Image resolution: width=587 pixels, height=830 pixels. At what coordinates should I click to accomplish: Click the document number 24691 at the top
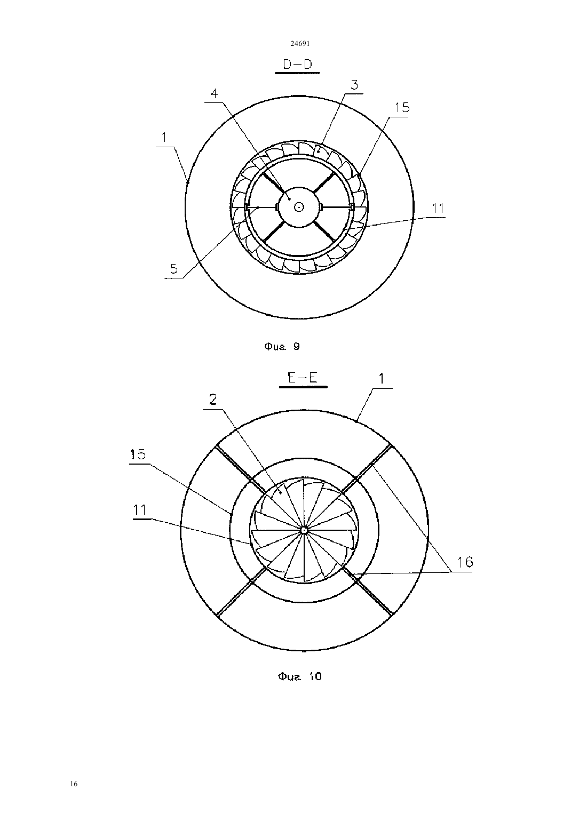(300, 43)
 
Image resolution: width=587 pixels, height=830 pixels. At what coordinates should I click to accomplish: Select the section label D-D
(297, 65)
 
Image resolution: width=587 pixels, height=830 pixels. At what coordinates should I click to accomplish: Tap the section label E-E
(303, 378)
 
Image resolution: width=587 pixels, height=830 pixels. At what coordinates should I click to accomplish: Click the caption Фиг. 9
(282, 346)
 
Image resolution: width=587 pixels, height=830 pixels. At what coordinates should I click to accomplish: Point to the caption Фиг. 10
(300, 676)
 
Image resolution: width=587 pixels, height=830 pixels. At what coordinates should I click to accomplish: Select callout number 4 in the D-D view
(214, 93)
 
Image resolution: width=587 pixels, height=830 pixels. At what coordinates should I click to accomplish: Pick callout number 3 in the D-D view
(354, 85)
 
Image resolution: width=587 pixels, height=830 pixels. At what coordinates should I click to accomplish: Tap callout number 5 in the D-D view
(174, 269)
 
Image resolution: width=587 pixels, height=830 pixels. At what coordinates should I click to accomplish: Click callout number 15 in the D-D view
(402, 107)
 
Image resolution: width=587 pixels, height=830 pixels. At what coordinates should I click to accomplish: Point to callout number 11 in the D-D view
(438, 208)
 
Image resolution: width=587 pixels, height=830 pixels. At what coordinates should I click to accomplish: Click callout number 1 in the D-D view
(164, 138)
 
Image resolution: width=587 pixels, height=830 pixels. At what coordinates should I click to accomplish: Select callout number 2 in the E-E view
(213, 400)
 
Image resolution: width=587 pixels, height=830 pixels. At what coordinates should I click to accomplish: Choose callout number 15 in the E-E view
(138, 454)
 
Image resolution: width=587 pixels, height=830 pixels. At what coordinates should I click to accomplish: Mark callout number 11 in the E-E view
(140, 510)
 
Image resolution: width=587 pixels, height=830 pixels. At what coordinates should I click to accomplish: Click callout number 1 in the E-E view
(381, 379)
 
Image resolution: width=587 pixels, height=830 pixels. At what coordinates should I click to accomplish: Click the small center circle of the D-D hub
(299, 207)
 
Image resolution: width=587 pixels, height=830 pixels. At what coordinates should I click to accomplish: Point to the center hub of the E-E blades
(304, 530)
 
